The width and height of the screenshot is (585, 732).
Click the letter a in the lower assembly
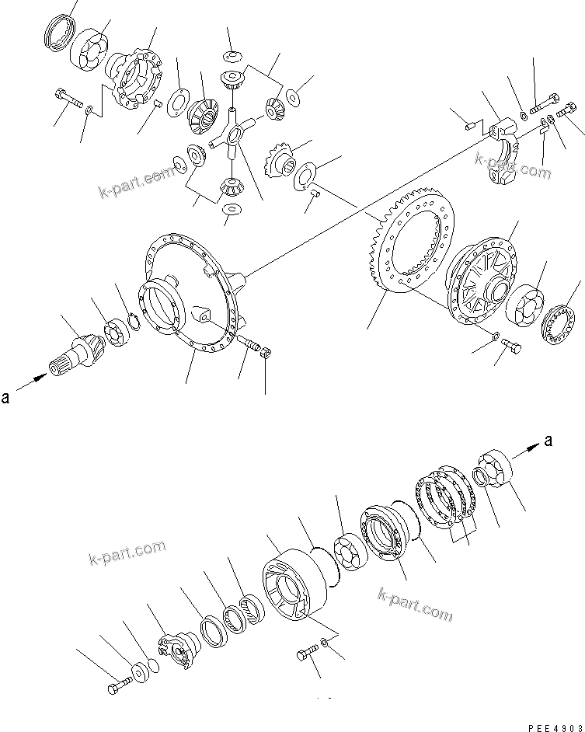coord(548,441)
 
